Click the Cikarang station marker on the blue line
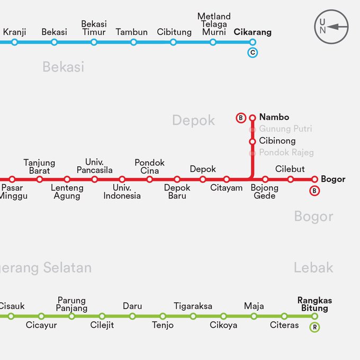(253, 42)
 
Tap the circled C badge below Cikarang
(253, 52)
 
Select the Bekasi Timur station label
(94, 28)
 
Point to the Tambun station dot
(133, 42)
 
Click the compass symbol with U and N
(331, 26)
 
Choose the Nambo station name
(274, 117)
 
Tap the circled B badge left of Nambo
(241, 118)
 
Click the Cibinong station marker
(253, 141)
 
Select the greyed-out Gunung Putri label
(285, 129)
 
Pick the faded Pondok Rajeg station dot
(253, 153)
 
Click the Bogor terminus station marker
(314, 179)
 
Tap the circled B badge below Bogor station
(314, 191)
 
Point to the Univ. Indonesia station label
(122, 192)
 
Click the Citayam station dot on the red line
(227, 179)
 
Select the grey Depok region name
(193, 121)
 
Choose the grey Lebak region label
(313, 268)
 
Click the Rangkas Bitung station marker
(314, 317)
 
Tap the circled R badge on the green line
(314, 327)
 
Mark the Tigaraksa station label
(193, 306)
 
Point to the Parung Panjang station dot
(71, 317)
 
